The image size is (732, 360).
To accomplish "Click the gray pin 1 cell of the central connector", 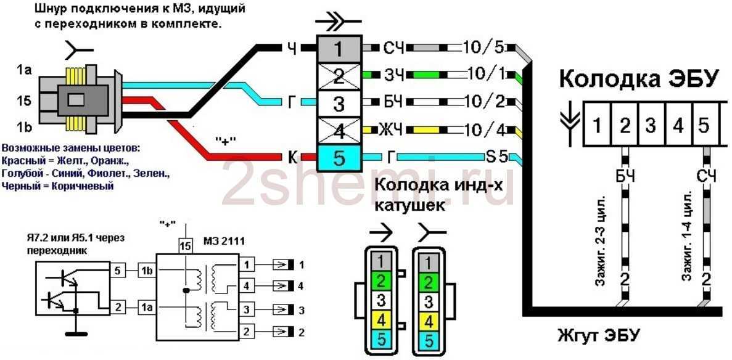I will tap(339, 48).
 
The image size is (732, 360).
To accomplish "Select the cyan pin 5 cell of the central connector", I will tap(339, 158).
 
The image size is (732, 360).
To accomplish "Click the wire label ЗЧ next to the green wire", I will tap(395, 75).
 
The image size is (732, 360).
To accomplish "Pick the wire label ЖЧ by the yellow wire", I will tap(395, 131).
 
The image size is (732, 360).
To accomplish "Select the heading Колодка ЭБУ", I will tap(639, 80).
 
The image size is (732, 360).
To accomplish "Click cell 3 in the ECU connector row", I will tap(651, 126).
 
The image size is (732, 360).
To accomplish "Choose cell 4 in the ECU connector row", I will tap(678, 126).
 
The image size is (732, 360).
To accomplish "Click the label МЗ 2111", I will tap(220, 239).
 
